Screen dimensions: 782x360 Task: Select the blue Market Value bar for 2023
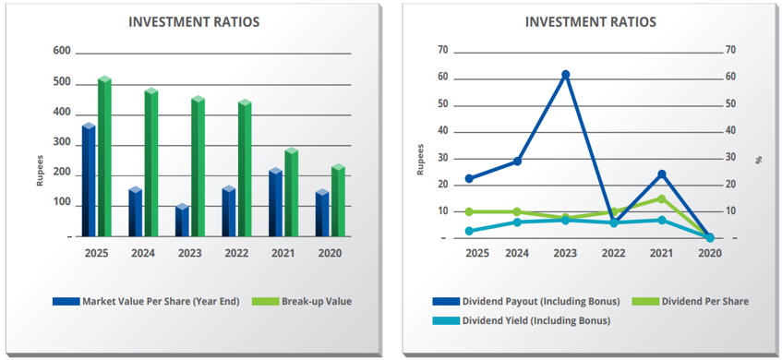182,220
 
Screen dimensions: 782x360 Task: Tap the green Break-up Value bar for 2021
291,192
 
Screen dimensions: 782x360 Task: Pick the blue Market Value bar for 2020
322,213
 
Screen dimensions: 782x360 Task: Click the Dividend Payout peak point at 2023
566,75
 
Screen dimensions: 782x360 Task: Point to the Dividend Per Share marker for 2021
661,199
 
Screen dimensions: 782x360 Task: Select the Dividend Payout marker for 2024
517,161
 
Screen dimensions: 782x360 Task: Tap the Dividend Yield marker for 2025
469,231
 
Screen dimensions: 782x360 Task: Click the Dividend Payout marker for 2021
662,174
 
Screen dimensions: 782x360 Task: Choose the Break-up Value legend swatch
265,301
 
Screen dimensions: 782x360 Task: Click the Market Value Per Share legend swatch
66,301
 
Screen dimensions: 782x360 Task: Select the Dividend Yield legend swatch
446,320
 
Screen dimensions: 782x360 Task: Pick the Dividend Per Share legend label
704,301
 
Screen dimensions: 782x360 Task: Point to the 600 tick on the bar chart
62,52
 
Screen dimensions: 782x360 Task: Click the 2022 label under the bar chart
236,253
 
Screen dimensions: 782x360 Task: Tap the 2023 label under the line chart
566,253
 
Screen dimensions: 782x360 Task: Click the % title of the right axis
759,160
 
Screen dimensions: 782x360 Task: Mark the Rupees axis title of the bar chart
40,171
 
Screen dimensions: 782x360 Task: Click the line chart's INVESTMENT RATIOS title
591,22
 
